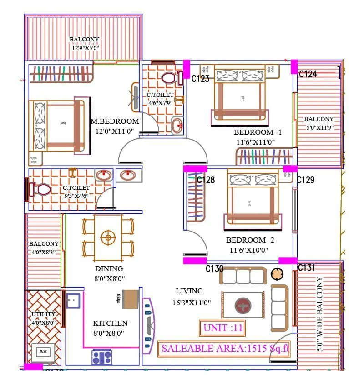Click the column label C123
pos(200,79)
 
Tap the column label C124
pos(308,74)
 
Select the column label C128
pos(206,180)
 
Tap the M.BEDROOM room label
pos(115,121)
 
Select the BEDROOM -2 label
pos(246,240)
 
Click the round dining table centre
pos(108,237)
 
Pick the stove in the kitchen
pos(101,356)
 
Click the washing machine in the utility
pos(44,352)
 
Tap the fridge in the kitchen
pos(130,299)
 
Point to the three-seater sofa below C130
pos(245,276)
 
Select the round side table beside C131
pos(277,274)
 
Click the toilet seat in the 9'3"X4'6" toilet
pos(42,189)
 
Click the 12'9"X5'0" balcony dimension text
pos(85,48)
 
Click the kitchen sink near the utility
pos(73,300)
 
